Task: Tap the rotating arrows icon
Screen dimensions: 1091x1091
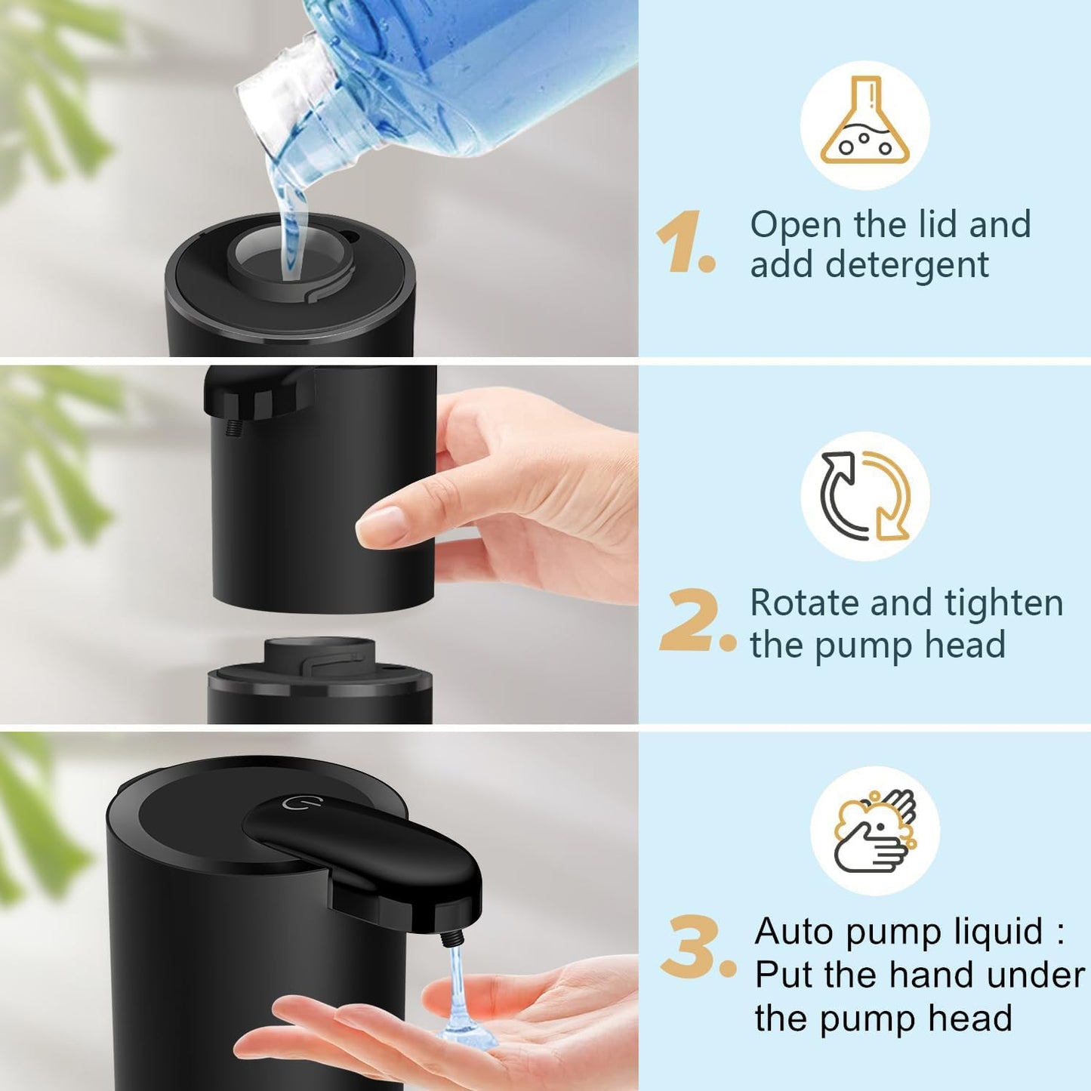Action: point(865,496)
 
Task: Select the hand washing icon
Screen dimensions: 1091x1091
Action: point(875,831)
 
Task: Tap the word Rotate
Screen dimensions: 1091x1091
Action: point(803,603)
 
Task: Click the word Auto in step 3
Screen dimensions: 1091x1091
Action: point(794,931)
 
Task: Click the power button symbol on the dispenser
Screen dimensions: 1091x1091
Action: point(293,802)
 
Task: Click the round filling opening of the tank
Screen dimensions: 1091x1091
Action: point(289,255)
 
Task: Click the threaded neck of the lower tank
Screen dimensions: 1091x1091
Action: point(319,654)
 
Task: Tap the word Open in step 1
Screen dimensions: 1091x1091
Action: point(796,225)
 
